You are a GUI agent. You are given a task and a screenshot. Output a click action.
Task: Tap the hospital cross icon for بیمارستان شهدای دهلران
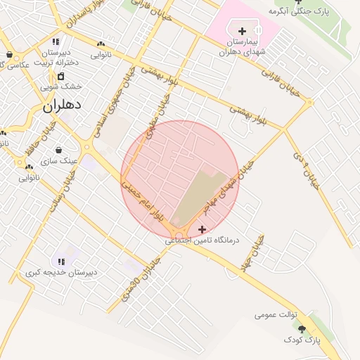click(x=242, y=31)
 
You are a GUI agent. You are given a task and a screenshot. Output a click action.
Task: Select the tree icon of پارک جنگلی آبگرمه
click(x=297, y=2)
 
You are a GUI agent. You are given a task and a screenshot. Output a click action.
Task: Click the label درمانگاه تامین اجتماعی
click(x=202, y=240)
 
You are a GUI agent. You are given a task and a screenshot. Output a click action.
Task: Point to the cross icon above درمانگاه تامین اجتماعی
click(x=202, y=229)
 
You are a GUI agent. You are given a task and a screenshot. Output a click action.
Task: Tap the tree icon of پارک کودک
click(x=302, y=329)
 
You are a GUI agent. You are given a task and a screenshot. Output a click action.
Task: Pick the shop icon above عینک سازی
click(x=58, y=150)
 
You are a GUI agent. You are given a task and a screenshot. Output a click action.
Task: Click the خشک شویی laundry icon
click(x=60, y=77)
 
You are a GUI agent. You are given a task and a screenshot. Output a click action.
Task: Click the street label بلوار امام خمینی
click(x=143, y=201)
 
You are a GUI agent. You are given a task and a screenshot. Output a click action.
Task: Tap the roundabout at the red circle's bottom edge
click(x=180, y=231)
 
